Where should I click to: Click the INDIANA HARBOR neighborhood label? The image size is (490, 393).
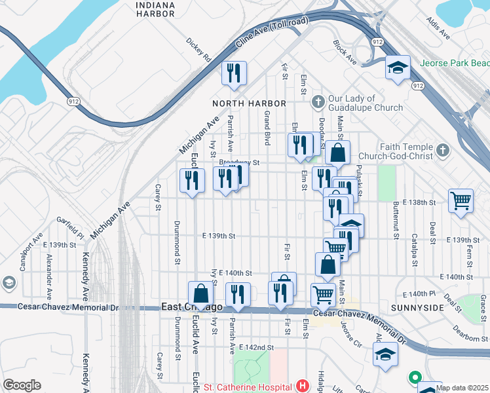156,9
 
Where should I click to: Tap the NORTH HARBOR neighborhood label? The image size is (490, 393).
249,103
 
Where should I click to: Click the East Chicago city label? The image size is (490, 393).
192,307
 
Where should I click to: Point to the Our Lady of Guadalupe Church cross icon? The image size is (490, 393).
318,101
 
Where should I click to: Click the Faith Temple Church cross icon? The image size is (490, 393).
443,151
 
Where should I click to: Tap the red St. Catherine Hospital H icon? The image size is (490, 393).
302,386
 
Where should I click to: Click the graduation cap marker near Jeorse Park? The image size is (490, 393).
397,67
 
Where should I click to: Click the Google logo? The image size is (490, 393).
22,385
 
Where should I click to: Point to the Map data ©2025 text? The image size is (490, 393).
462,387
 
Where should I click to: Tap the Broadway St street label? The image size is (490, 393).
240,162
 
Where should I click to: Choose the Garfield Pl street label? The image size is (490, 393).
69,227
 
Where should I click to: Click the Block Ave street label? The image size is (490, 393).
344,52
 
